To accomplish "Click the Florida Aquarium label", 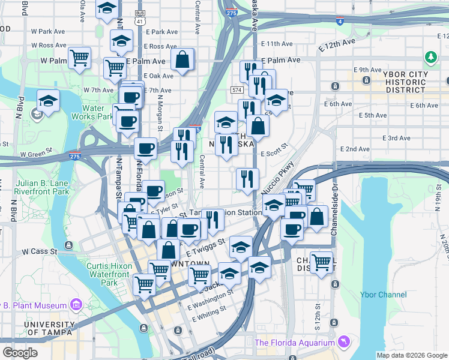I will [294, 343].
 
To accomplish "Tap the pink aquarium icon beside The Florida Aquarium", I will [342, 341].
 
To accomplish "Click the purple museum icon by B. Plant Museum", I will [76, 305].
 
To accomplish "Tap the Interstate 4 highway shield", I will [340, 22].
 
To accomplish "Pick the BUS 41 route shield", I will [140, 17].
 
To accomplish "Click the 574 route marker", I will [235, 90].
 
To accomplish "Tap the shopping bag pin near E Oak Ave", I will [182, 59].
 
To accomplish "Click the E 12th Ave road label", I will [337, 46].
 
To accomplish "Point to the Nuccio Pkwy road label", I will [276, 179].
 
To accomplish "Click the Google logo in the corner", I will [20, 353].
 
